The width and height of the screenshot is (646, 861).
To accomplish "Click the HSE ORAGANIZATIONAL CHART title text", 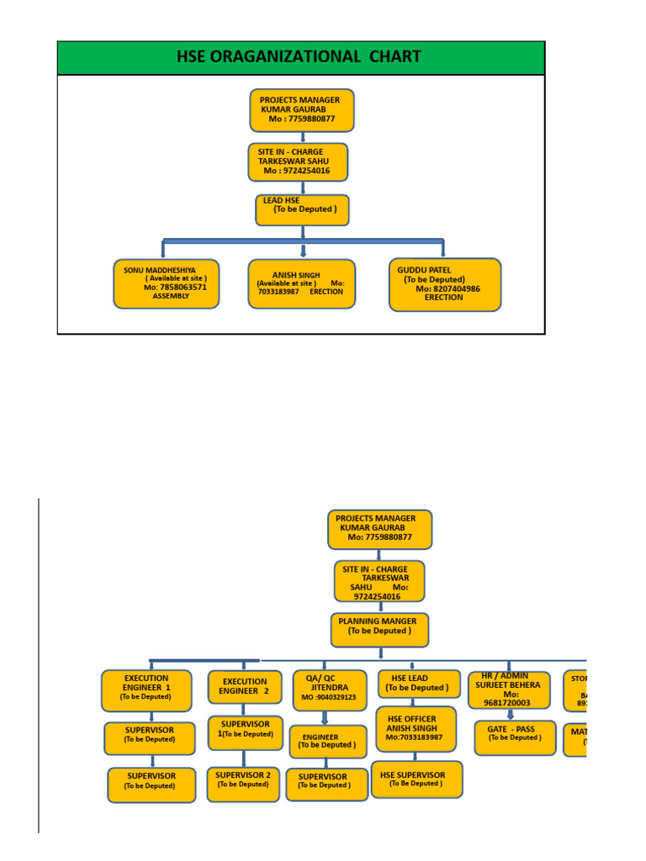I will (299, 57).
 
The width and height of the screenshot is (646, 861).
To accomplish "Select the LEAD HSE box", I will (302, 210).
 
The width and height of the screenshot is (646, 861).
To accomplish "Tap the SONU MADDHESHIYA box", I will (166, 283).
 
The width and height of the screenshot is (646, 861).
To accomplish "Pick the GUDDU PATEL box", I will (444, 284).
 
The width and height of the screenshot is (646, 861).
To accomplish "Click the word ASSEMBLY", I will (172, 296).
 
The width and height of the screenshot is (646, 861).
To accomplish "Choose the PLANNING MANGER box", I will (379, 630).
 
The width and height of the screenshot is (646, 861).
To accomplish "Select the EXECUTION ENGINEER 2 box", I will (245, 687).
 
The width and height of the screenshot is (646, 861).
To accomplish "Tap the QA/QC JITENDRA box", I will (329, 690).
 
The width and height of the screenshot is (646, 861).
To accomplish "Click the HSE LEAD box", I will (418, 684).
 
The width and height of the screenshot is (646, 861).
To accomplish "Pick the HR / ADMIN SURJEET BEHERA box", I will (509, 689).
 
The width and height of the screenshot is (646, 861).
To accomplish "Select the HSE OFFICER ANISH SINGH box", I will (416, 728).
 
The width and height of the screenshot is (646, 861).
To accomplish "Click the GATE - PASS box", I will (515, 737).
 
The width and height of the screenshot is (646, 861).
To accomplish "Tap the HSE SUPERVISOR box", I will (416, 779).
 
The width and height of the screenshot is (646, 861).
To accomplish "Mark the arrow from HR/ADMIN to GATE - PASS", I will (510, 715).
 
